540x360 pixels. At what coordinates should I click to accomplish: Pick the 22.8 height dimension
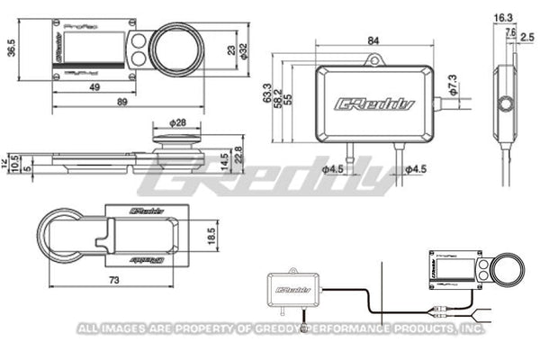[x=238, y=155]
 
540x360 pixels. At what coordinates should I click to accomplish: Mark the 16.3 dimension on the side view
[x=505, y=17]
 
